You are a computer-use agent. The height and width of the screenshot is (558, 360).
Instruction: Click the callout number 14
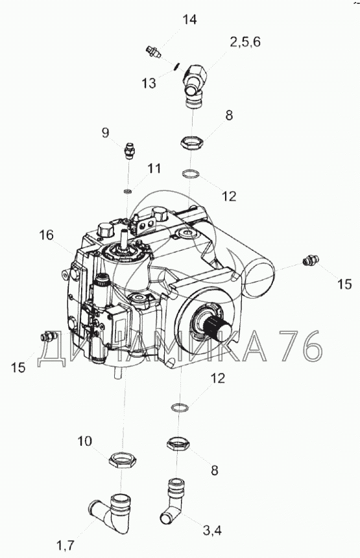[x=190, y=20]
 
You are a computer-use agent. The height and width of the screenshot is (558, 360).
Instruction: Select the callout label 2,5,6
[x=245, y=42]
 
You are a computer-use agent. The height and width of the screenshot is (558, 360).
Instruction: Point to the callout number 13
[x=149, y=83]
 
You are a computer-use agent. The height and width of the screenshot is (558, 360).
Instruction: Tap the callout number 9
[x=105, y=133]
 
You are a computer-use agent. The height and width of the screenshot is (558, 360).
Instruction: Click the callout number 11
[x=154, y=169]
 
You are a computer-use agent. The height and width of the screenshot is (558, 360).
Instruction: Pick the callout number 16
[x=47, y=235]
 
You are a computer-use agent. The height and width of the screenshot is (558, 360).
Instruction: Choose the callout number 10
[x=85, y=441]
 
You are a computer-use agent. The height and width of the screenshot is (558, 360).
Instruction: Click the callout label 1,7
[x=65, y=545]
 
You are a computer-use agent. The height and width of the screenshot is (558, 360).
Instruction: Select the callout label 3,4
[x=212, y=531]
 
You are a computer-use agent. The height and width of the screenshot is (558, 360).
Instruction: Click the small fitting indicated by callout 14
[x=154, y=52]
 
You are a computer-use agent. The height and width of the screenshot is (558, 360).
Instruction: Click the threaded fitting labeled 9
[x=130, y=151]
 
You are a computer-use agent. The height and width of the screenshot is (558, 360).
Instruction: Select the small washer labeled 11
[x=128, y=192]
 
